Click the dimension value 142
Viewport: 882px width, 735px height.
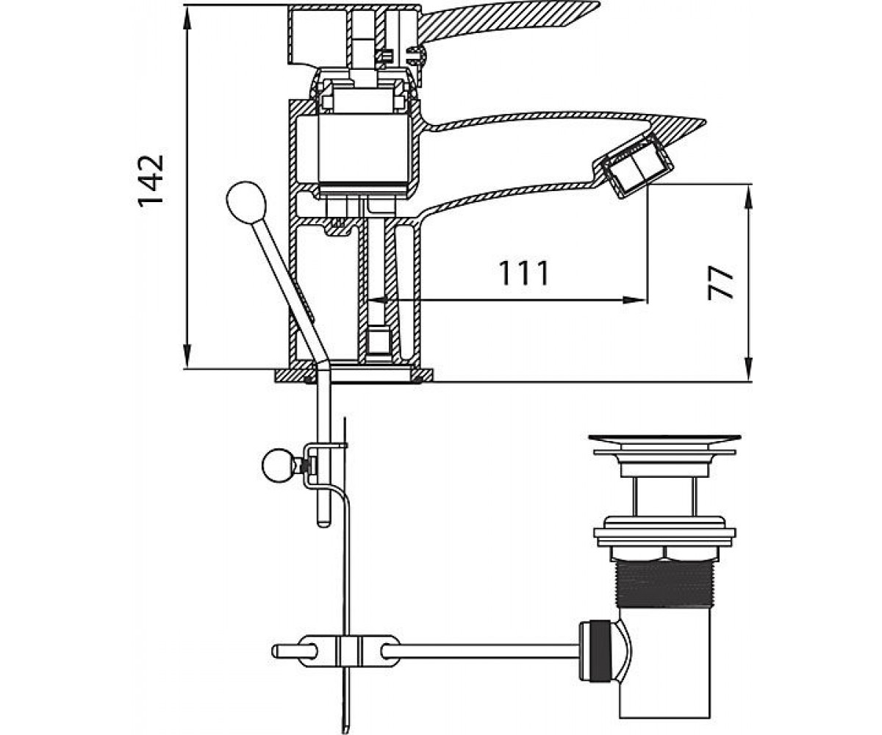click(x=151, y=181)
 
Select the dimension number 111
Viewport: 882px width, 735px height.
click(x=524, y=273)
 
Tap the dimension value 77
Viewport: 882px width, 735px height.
click(x=720, y=283)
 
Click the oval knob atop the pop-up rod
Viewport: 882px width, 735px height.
click(x=246, y=202)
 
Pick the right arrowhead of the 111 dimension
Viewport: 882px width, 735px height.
click(x=635, y=299)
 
